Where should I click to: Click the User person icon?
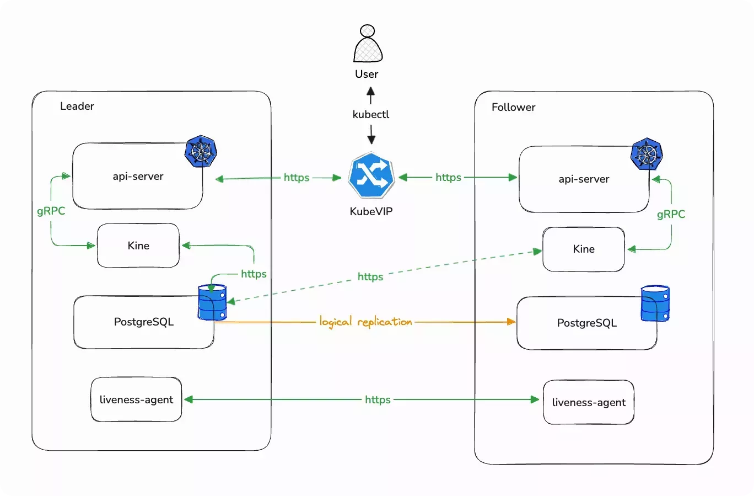click(x=368, y=44)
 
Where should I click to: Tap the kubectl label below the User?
click(x=371, y=114)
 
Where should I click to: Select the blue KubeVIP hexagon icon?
click(x=371, y=177)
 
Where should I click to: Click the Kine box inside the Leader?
click(x=138, y=246)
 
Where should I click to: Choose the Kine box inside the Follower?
click(x=584, y=249)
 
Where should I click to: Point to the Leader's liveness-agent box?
click(x=136, y=399)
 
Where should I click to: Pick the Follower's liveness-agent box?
click(x=589, y=402)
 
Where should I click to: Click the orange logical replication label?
click(x=365, y=322)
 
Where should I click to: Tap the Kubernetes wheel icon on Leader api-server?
click(x=201, y=151)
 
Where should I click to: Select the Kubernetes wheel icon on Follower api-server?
click(x=647, y=153)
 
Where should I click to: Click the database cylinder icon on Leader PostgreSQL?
click(x=212, y=302)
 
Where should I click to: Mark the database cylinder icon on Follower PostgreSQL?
click(x=655, y=303)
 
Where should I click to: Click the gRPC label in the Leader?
click(x=51, y=211)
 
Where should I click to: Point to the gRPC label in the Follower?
click(x=671, y=214)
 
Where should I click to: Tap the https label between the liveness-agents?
click(x=378, y=399)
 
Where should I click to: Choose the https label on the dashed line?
click(x=370, y=276)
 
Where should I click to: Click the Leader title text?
click(x=77, y=106)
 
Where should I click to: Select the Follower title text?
click(x=513, y=107)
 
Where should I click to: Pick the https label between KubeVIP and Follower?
click(x=448, y=177)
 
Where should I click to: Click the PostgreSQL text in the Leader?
click(x=144, y=322)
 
